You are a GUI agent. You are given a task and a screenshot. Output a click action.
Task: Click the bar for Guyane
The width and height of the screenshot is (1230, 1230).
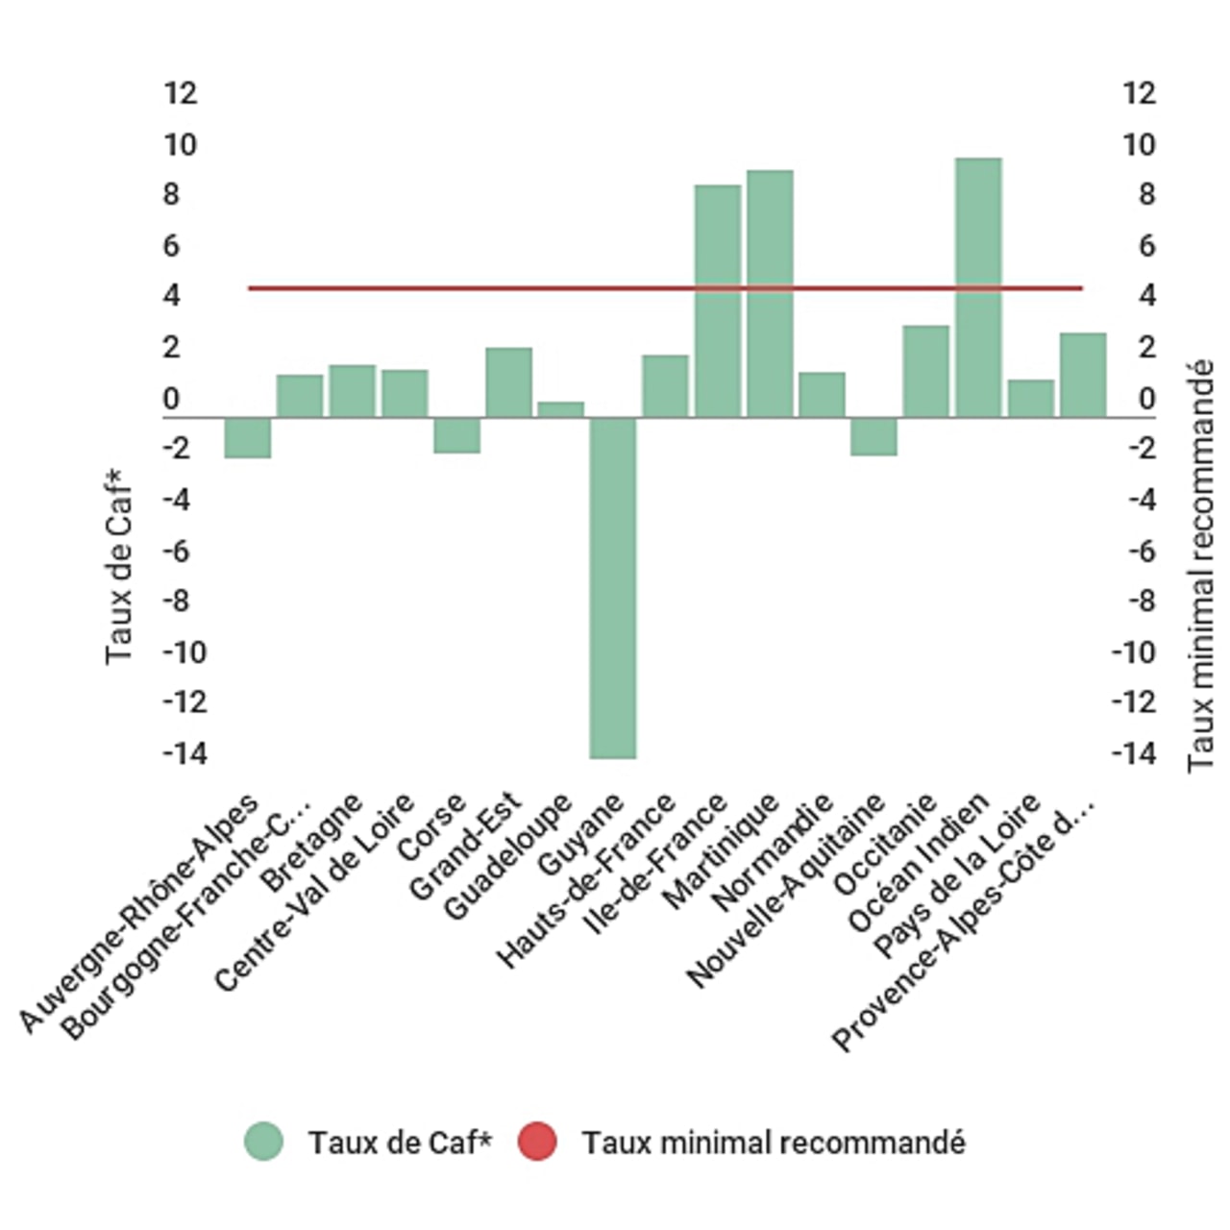tap(613, 587)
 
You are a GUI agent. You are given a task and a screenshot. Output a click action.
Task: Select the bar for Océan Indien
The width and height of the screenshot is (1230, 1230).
tap(978, 287)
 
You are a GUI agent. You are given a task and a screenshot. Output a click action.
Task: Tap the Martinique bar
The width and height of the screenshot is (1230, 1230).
tap(770, 293)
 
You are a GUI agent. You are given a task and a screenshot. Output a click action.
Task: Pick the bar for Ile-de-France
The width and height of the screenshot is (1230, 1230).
tap(718, 301)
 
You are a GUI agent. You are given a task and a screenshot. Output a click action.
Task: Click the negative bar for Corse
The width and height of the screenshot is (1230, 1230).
tap(456, 434)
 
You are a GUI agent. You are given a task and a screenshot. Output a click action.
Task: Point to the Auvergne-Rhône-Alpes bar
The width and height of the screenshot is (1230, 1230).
tap(248, 437)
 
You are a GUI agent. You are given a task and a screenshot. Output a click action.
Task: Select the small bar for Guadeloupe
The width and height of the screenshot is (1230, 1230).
tap(560, 409)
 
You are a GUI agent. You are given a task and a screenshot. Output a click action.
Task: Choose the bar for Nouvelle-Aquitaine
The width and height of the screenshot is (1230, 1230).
tap(873, 436)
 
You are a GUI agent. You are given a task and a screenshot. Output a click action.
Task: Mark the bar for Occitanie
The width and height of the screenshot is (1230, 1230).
tap(925, 371)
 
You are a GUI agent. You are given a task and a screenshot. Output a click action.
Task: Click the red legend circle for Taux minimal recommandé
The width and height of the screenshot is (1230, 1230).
tap(537, 1142)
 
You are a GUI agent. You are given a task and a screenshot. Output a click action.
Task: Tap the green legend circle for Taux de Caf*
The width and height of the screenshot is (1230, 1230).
tap(263, 1142)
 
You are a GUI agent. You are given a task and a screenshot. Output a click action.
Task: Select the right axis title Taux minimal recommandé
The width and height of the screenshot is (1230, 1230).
tap(1200, 565)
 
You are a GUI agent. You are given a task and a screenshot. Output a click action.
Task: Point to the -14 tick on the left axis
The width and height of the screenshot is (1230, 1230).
tap(184, 753)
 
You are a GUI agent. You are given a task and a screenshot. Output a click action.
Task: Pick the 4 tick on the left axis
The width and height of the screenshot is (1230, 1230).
tap(172, 295)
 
